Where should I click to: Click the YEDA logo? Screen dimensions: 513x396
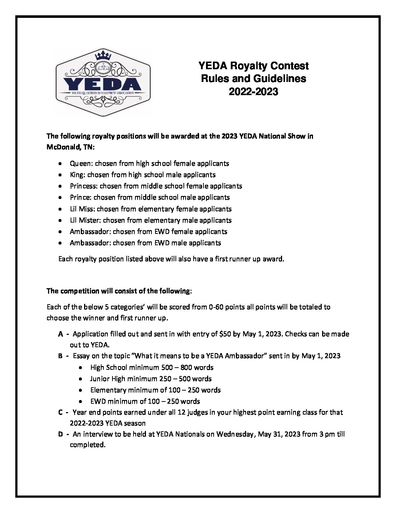103,83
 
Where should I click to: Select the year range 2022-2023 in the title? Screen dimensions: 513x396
253,91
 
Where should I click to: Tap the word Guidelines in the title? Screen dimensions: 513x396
274,79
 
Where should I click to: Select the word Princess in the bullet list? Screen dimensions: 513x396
84,186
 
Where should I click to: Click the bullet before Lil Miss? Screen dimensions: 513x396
60,209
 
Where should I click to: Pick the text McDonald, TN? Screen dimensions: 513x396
70,147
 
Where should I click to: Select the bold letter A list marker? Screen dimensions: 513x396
60,334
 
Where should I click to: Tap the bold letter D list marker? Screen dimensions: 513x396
60,434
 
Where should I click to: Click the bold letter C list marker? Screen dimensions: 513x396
60,412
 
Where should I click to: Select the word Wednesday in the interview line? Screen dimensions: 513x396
234,434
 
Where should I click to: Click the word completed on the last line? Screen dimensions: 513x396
87,445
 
